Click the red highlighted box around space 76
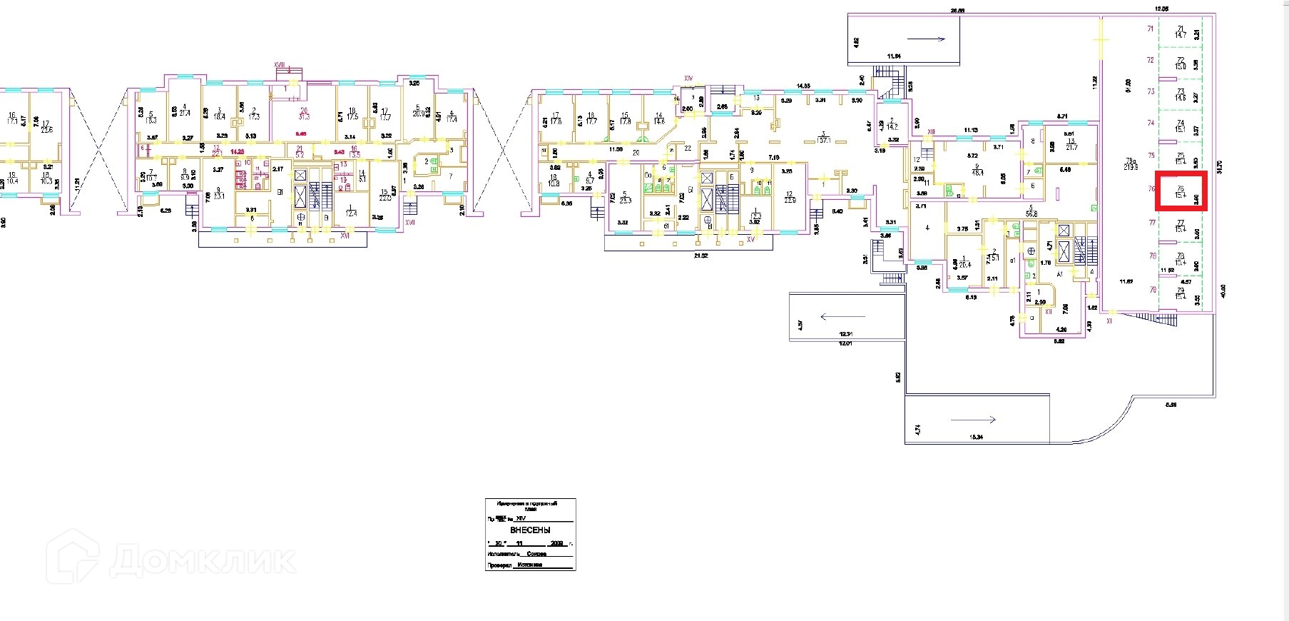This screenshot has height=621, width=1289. click(1181, 191)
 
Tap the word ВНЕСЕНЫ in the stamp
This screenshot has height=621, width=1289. click(530, 530)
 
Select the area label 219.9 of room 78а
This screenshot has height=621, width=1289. click(1130, 167)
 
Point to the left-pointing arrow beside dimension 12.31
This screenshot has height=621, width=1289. click(842, 316)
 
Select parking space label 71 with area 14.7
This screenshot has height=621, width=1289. click(1180, 31)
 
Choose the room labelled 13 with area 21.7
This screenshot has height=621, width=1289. click(1071, 143)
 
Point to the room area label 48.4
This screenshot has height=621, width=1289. click(977, 172)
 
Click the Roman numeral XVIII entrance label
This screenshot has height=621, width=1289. click(280, 65)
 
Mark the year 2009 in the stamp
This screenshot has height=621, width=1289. click(555, 543)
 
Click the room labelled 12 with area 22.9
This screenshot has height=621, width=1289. click(789, 198)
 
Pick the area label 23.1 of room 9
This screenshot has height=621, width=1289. click(219, 196)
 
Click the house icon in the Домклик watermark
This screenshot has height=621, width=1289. click(72, 557)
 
